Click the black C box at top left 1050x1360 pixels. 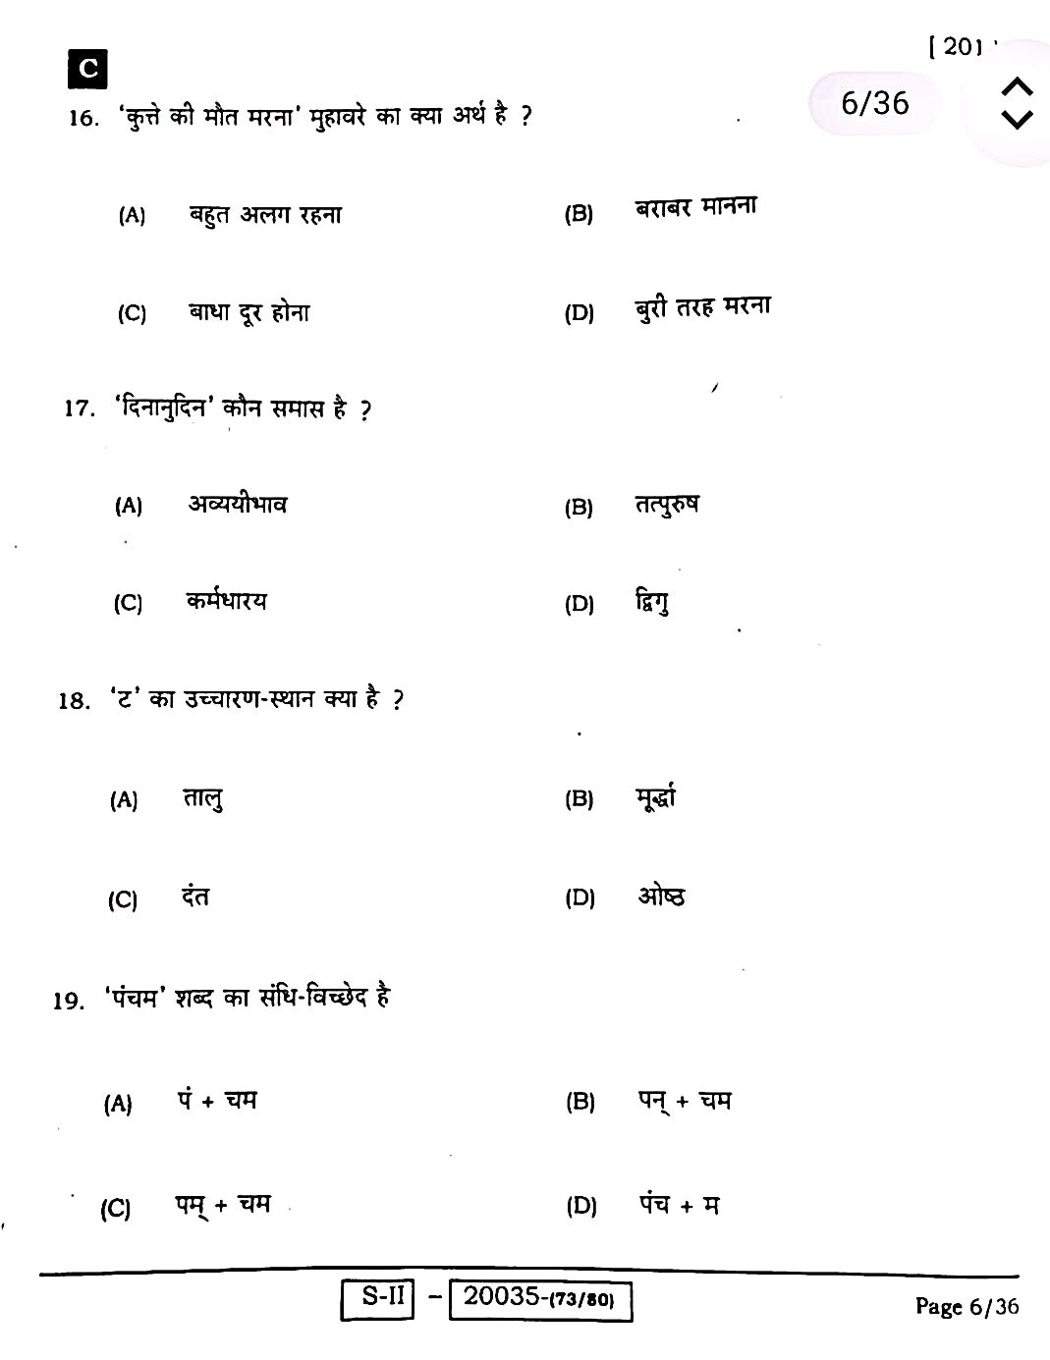[x=87, y=69]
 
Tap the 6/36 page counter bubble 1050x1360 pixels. [x=874, y=103]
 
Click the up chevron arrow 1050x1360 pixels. [x=1017, y=86]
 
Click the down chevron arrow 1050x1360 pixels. [x=1017, y=120]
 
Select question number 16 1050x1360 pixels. [x=83, y=119]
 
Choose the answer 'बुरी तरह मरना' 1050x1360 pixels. [x=702, y=308]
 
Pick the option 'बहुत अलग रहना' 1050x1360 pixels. [x=265, y=214]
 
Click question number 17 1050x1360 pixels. [x=79, y=408]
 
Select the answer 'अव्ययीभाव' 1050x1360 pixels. [x=238, y=505]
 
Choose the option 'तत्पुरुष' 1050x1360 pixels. [x=667, y=505]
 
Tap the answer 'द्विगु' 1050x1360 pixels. [x=652, y=602]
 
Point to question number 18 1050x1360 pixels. [x=74, y=701]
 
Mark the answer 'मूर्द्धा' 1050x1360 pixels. [x=655, y=797]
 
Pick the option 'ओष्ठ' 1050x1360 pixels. [x=661, y=897]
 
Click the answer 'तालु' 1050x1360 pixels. [x=202, y=799]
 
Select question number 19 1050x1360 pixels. [x=69, y=1001]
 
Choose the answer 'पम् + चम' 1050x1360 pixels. [x=223, y=1205]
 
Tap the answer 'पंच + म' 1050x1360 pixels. [x=680, y=1205]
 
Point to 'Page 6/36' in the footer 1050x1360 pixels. [x=967, y=1306]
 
